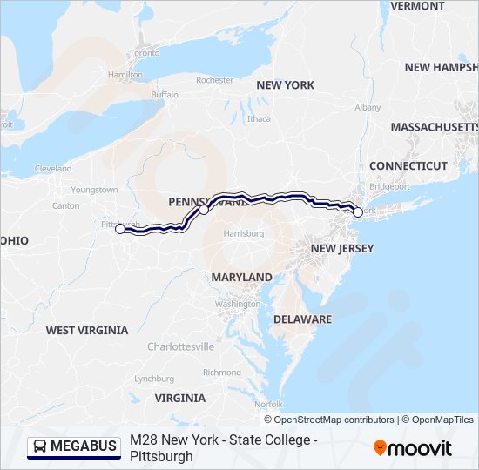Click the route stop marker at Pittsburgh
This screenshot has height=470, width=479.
(120, 229)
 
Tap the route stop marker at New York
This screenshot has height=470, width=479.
(358, 211)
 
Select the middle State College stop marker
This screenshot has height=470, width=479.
(204, 210)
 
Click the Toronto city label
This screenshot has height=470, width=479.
(145, 53)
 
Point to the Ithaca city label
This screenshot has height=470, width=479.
(259, 119)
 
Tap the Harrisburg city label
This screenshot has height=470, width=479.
(243, 234)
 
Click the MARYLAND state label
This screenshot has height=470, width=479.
(241, 277)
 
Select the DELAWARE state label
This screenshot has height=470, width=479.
(302, 319)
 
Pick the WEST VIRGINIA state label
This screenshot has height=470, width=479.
(86, 331)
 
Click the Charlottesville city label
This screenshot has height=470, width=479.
(180, 346)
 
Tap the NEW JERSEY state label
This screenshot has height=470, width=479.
(342, 249)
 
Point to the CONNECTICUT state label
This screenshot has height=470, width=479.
(408, 165)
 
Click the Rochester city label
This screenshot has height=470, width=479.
(215, 80)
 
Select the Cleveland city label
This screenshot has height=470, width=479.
(53, 169)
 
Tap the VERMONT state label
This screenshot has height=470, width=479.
(417, 6)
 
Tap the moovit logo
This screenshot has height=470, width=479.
(413, 448)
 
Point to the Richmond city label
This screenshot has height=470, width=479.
(221, 373)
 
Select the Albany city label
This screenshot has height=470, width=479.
(368, 107)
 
